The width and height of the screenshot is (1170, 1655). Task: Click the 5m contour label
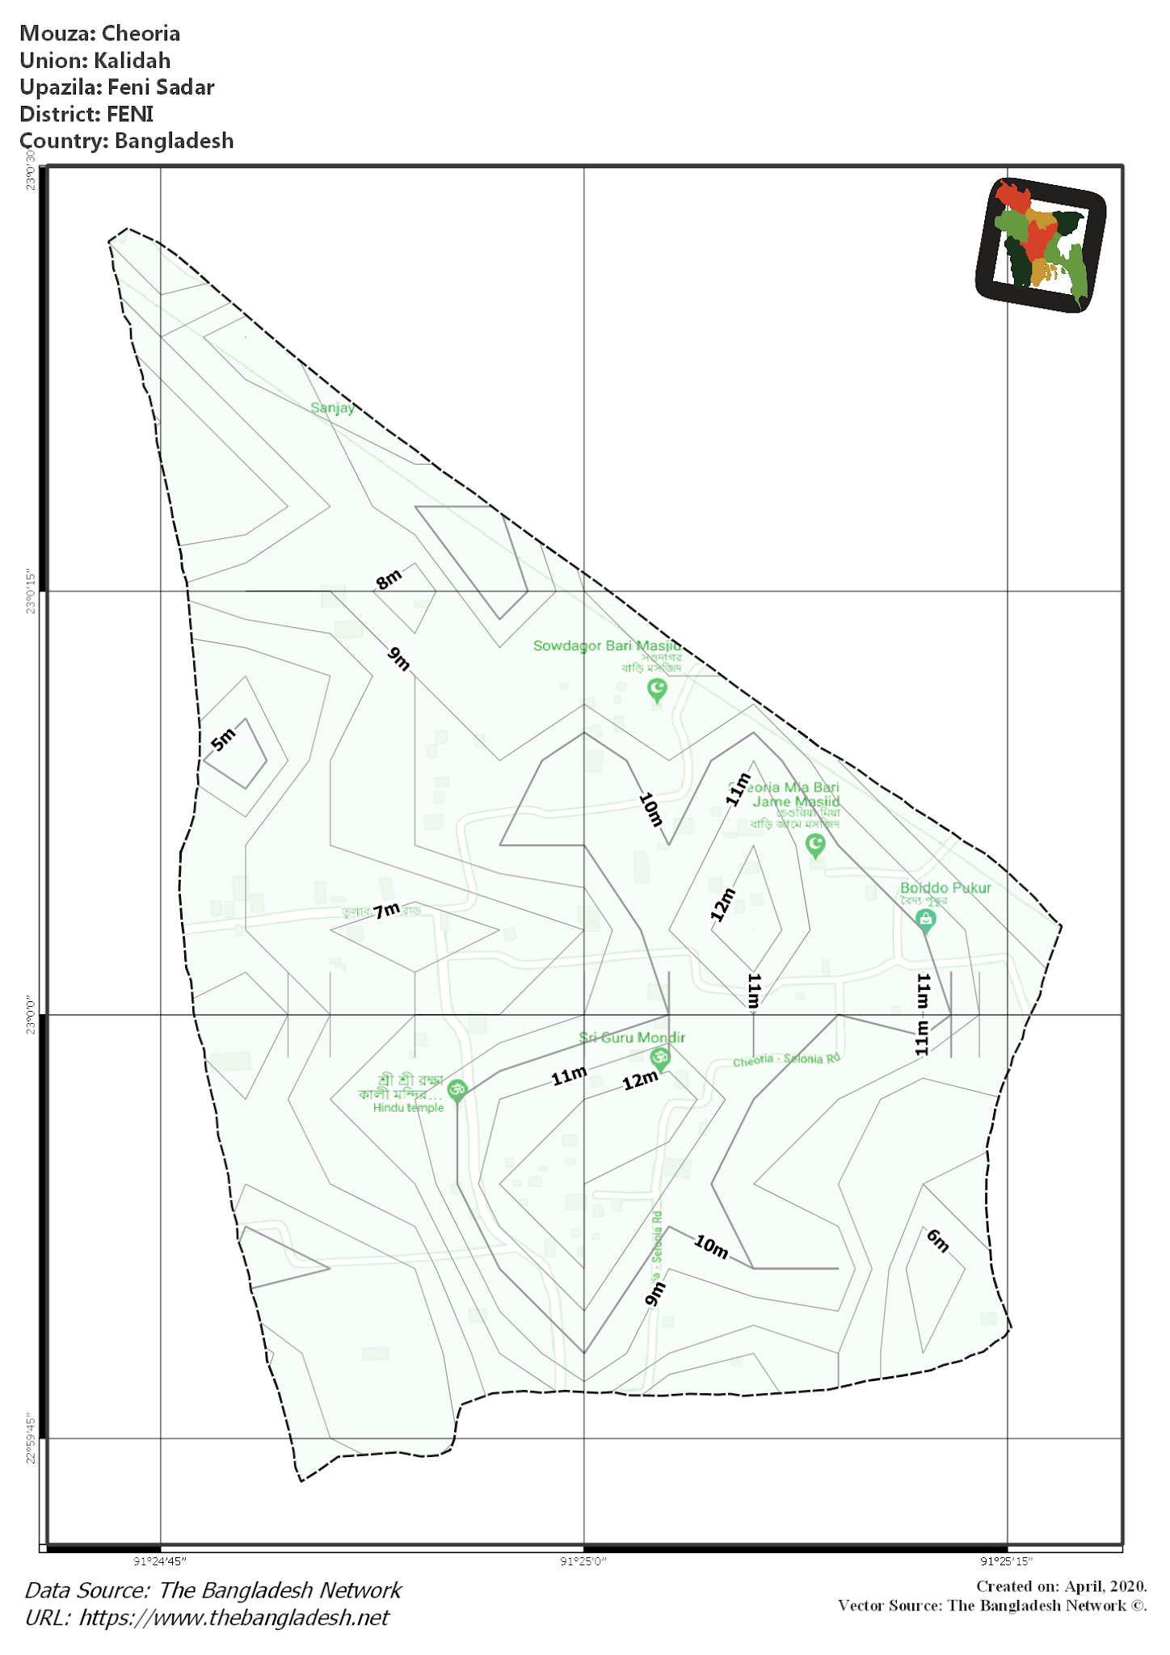pos(223,739)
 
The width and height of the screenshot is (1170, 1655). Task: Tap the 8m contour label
pos(389,579)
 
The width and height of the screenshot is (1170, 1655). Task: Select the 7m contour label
pos(386,911)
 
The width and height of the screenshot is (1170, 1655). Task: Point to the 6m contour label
pos(937,1240)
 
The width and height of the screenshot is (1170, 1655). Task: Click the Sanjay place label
pos(332,408)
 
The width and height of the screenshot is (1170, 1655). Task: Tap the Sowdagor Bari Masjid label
pos(606,646)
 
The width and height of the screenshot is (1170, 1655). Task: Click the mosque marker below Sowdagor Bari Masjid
pos(657,690)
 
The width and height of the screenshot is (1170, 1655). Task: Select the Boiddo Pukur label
pos(945,887)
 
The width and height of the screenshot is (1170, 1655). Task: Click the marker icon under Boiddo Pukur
pos(926,920)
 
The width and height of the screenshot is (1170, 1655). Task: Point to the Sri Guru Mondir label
pos(632,1038)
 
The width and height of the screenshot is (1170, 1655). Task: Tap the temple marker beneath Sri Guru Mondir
pos(660,1059)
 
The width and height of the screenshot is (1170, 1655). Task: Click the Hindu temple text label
pos(408,1108)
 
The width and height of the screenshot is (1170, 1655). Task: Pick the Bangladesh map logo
pos(1041,244)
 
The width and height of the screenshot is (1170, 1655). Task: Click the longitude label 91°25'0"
pos(583,1561)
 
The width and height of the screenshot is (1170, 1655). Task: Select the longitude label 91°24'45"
pos(160,1561)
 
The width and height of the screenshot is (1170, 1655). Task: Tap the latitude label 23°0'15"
pos(31,592)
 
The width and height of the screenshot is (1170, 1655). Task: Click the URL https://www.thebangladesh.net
pos(234,1618)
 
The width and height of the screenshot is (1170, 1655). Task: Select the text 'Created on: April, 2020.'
pos(1061,1586)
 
